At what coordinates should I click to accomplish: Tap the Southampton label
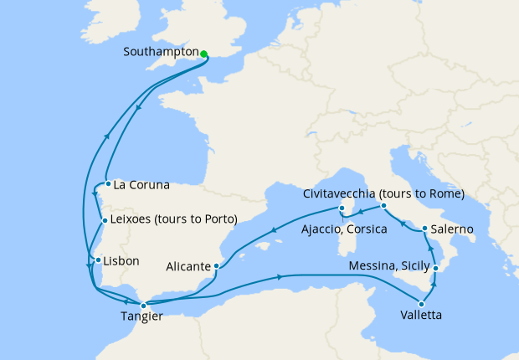pyautogui.click(x=160, y=52)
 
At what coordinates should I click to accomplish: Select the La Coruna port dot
pyautogui.click(x=108, y=184)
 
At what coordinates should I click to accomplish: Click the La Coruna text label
pyautogui.click(x=141, y=184)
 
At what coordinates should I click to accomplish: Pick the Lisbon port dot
pyautogui.click(x=98, y=260)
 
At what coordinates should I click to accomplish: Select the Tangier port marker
pyautogui.click(x=143, y=306)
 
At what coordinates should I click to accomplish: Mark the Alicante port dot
pyautogui.click(x=217, y=267)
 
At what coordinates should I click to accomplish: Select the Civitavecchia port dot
pyautogui.click(x=383, y=205)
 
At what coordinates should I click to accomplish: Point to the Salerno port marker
pyautogui.click(x=424, y=229)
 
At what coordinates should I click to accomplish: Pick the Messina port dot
pyautogui.click(x=436, y=268)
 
